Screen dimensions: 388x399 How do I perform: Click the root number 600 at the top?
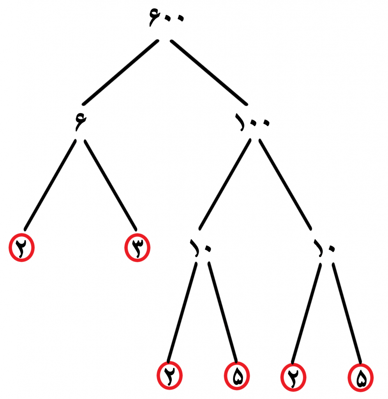click(166, 17)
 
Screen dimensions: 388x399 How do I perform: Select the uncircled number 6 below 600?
click(81, 122)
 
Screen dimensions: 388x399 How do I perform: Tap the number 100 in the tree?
click(252, 122)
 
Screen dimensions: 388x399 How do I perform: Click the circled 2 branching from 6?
click(22, 247)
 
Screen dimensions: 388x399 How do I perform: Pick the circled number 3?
click(138, 247)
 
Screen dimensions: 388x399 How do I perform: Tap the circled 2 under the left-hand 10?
click(169, 375)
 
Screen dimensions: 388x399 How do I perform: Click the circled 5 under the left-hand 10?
click(237, 376)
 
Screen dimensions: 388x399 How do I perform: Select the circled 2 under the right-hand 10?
click(293, 377)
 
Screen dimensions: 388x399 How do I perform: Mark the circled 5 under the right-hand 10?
click(360, 377)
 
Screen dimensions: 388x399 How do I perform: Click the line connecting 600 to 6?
click(120, 72)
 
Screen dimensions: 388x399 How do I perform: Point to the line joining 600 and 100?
click(209, 72)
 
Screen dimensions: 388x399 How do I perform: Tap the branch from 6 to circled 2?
click(50, 185)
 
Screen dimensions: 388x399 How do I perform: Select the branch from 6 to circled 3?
click(110, 185)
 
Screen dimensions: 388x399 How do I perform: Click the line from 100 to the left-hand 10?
click(225, 184)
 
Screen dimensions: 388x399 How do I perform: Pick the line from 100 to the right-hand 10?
click(285, 184)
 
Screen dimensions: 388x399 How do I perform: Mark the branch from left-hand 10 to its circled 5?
click(222, 312)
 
